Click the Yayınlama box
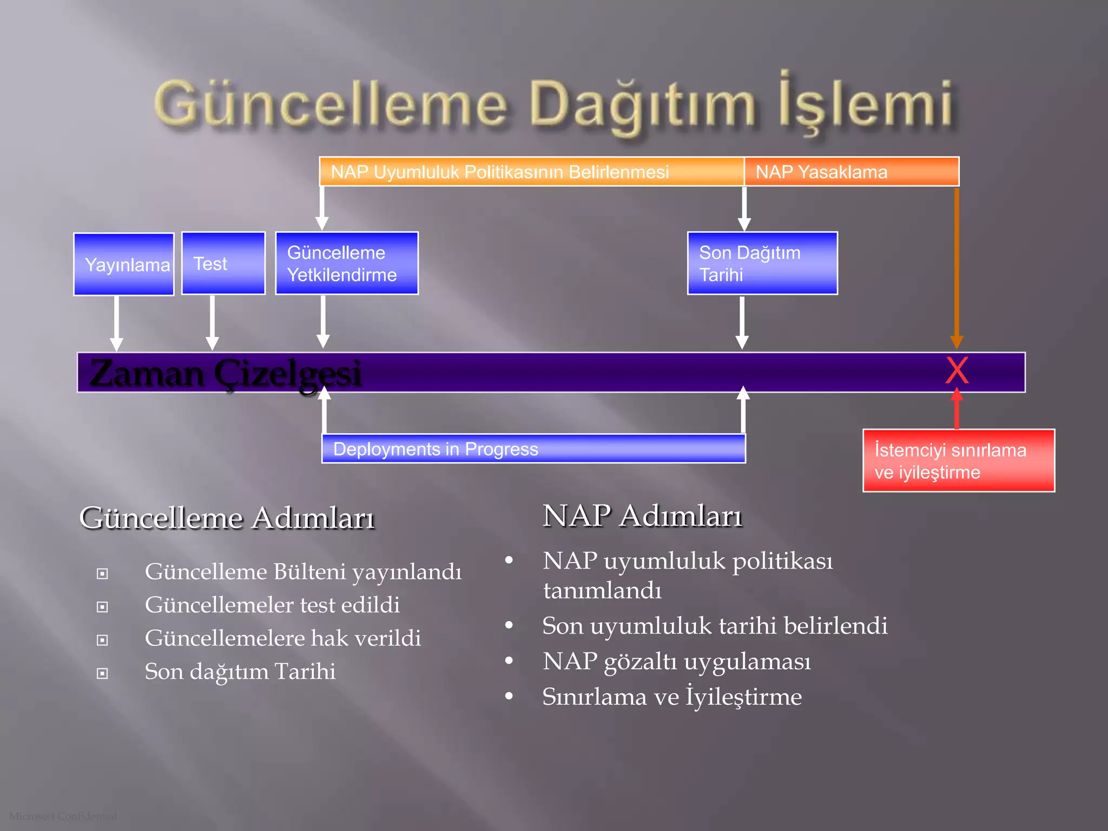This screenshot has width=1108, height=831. (123, 264)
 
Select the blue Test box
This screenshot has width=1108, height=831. (223, 263)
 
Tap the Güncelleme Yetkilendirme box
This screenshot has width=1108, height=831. (346, 263)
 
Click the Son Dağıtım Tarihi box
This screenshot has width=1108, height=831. (762, 263)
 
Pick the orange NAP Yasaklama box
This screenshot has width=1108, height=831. (851, 172)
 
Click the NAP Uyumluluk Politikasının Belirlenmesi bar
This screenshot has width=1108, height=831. (531, 172)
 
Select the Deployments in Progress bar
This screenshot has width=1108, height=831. (533, 449)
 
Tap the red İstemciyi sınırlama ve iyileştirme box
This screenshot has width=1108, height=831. (958, 461)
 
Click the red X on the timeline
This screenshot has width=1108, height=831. (957, 371)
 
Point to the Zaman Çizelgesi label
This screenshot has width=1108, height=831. (225, 373)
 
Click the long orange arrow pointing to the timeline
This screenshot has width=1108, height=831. (957, 268)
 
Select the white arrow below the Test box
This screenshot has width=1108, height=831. (213, 322)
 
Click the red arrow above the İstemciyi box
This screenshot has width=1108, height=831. (957, 410)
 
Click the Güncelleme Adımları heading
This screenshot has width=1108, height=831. (227, 518)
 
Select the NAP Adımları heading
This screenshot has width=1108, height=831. (642, 516)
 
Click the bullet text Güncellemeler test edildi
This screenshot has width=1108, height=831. (272, 605)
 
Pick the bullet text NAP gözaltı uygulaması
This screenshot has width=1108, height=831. (676, 661)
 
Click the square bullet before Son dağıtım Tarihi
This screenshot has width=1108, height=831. (102, 673)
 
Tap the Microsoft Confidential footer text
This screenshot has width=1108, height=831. (63, 816)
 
